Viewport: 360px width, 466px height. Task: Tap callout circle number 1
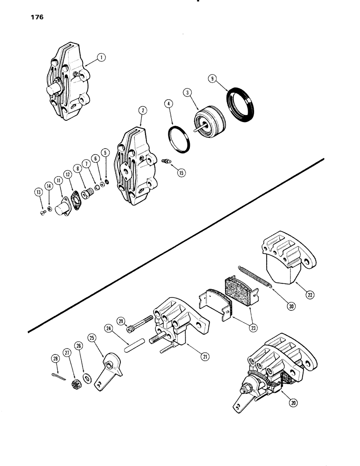(x=102, y=57)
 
